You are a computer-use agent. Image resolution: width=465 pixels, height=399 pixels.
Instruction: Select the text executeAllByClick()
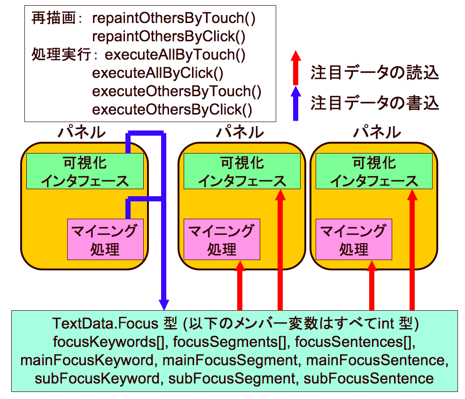[157, 73]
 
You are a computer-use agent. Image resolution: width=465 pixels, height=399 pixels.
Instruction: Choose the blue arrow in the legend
[295, 103]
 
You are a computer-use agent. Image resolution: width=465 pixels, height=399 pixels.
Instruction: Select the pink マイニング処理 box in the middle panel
[222, 239]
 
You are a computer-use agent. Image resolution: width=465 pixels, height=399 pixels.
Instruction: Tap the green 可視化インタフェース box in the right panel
[373, 171]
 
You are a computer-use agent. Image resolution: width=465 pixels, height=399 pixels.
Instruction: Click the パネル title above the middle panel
[240, 132]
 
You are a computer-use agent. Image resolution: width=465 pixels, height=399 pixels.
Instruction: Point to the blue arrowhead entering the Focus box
[164, 305]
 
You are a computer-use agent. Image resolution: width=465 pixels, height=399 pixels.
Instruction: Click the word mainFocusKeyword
[87, 361]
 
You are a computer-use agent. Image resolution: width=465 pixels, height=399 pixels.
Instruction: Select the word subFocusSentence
[369, 378]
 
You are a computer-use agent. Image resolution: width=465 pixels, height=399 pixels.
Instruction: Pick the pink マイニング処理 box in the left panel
[105, 239]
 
